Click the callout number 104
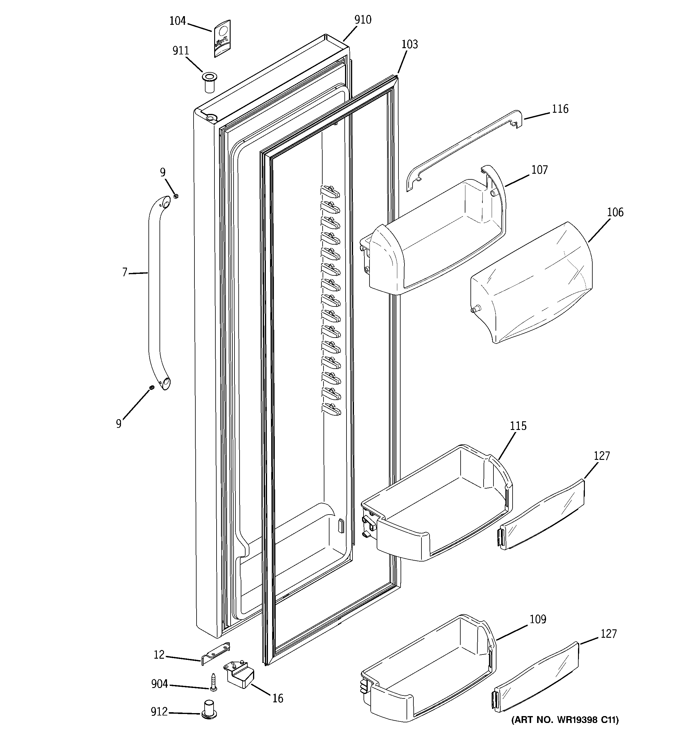(x=177, y=21)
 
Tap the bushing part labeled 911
(x=209, y=83)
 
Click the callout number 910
(x=362, y=20)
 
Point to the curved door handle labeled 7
(x=154, y=294)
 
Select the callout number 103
(x=410, y=44)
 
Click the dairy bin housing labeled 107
(x=435, y=238)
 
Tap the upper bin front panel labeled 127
(x=541, y=515)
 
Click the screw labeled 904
(x=213, y=682)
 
